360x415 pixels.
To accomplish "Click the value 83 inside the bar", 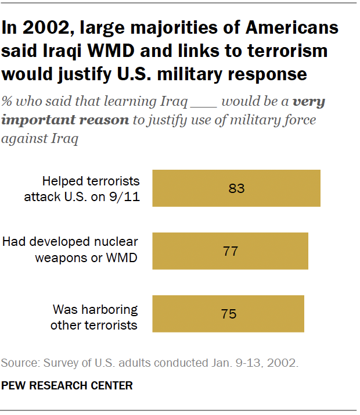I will point(236,188).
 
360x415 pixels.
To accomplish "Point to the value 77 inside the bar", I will point(230,251).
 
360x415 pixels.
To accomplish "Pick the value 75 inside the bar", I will point(228,314).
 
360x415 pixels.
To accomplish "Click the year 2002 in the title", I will point(40,28).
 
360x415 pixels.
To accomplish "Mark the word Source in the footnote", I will point(19,363).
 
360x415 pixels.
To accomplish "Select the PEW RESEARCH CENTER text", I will point(67,385).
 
